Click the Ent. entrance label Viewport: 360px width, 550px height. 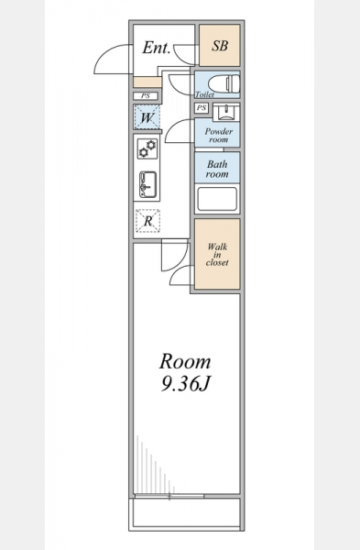[x=157, y=48]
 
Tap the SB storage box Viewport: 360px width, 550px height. [x=220, y=45]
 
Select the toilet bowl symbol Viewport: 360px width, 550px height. [x=224, y=83]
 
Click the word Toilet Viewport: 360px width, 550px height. [x=204, y=94]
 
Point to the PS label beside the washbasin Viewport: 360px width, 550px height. [x=202, y=107]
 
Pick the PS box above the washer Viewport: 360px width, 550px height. [x=146, y=95]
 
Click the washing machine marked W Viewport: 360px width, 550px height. [x=147, y=117]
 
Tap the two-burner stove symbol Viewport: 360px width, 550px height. [x=147, y=148]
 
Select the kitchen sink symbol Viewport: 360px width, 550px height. [x=148, y=184]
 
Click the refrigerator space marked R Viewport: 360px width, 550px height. [x=147, y=221]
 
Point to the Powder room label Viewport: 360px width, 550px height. [x=218, y=135]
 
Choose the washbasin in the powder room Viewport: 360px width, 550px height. [x=225, y=112]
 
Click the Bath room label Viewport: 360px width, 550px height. [x=217, y=169]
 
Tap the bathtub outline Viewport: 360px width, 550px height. [x=217, y=199]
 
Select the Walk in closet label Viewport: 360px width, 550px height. [x=217, y=254]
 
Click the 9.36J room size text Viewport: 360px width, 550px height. [x=185, y=384]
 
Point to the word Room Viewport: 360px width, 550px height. [x=185, y=362]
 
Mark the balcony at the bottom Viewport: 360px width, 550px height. [x=187, y=513]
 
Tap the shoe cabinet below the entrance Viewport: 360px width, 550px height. [x=147, y=82]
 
